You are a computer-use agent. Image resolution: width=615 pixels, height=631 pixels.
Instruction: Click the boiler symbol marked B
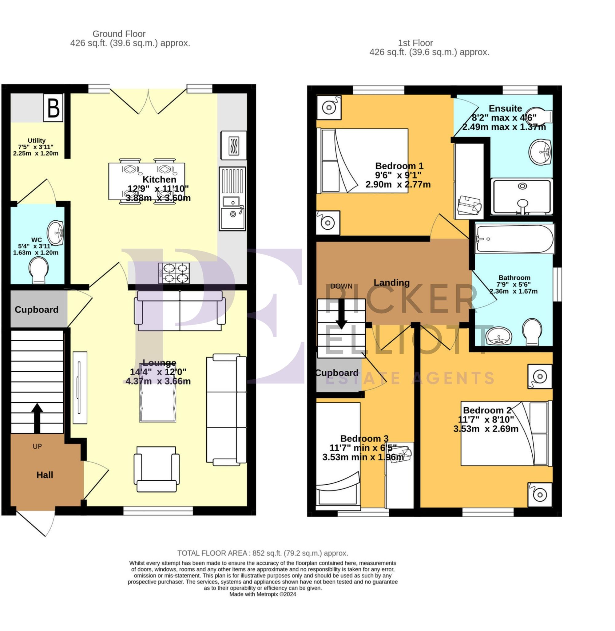tap(53, 108)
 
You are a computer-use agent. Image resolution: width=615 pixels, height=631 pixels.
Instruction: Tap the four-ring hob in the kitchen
tap(174, 273)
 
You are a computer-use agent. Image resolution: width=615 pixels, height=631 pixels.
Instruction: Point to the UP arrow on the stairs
tap(37, 417)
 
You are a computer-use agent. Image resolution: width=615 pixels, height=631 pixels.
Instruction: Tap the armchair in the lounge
tap(157, 469)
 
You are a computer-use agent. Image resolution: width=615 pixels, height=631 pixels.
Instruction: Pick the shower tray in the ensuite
tap(522, 197)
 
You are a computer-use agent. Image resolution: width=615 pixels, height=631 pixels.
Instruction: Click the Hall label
tap(45, 475)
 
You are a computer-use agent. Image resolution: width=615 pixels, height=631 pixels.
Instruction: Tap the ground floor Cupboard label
tap(37, 310)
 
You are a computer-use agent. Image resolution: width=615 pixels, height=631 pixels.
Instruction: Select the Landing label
tap(391, 282)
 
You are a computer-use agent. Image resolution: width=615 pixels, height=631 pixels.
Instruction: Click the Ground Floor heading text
tap(119, 34)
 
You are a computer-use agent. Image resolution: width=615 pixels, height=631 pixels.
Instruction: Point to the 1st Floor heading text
tap(415, 43)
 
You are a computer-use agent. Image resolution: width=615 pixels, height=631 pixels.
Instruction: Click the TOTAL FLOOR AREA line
tap(262, 553)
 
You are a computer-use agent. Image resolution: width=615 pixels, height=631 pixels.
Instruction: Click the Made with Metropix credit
tap(262, 594)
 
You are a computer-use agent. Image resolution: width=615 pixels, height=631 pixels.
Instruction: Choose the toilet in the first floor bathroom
tap(532, 331)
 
